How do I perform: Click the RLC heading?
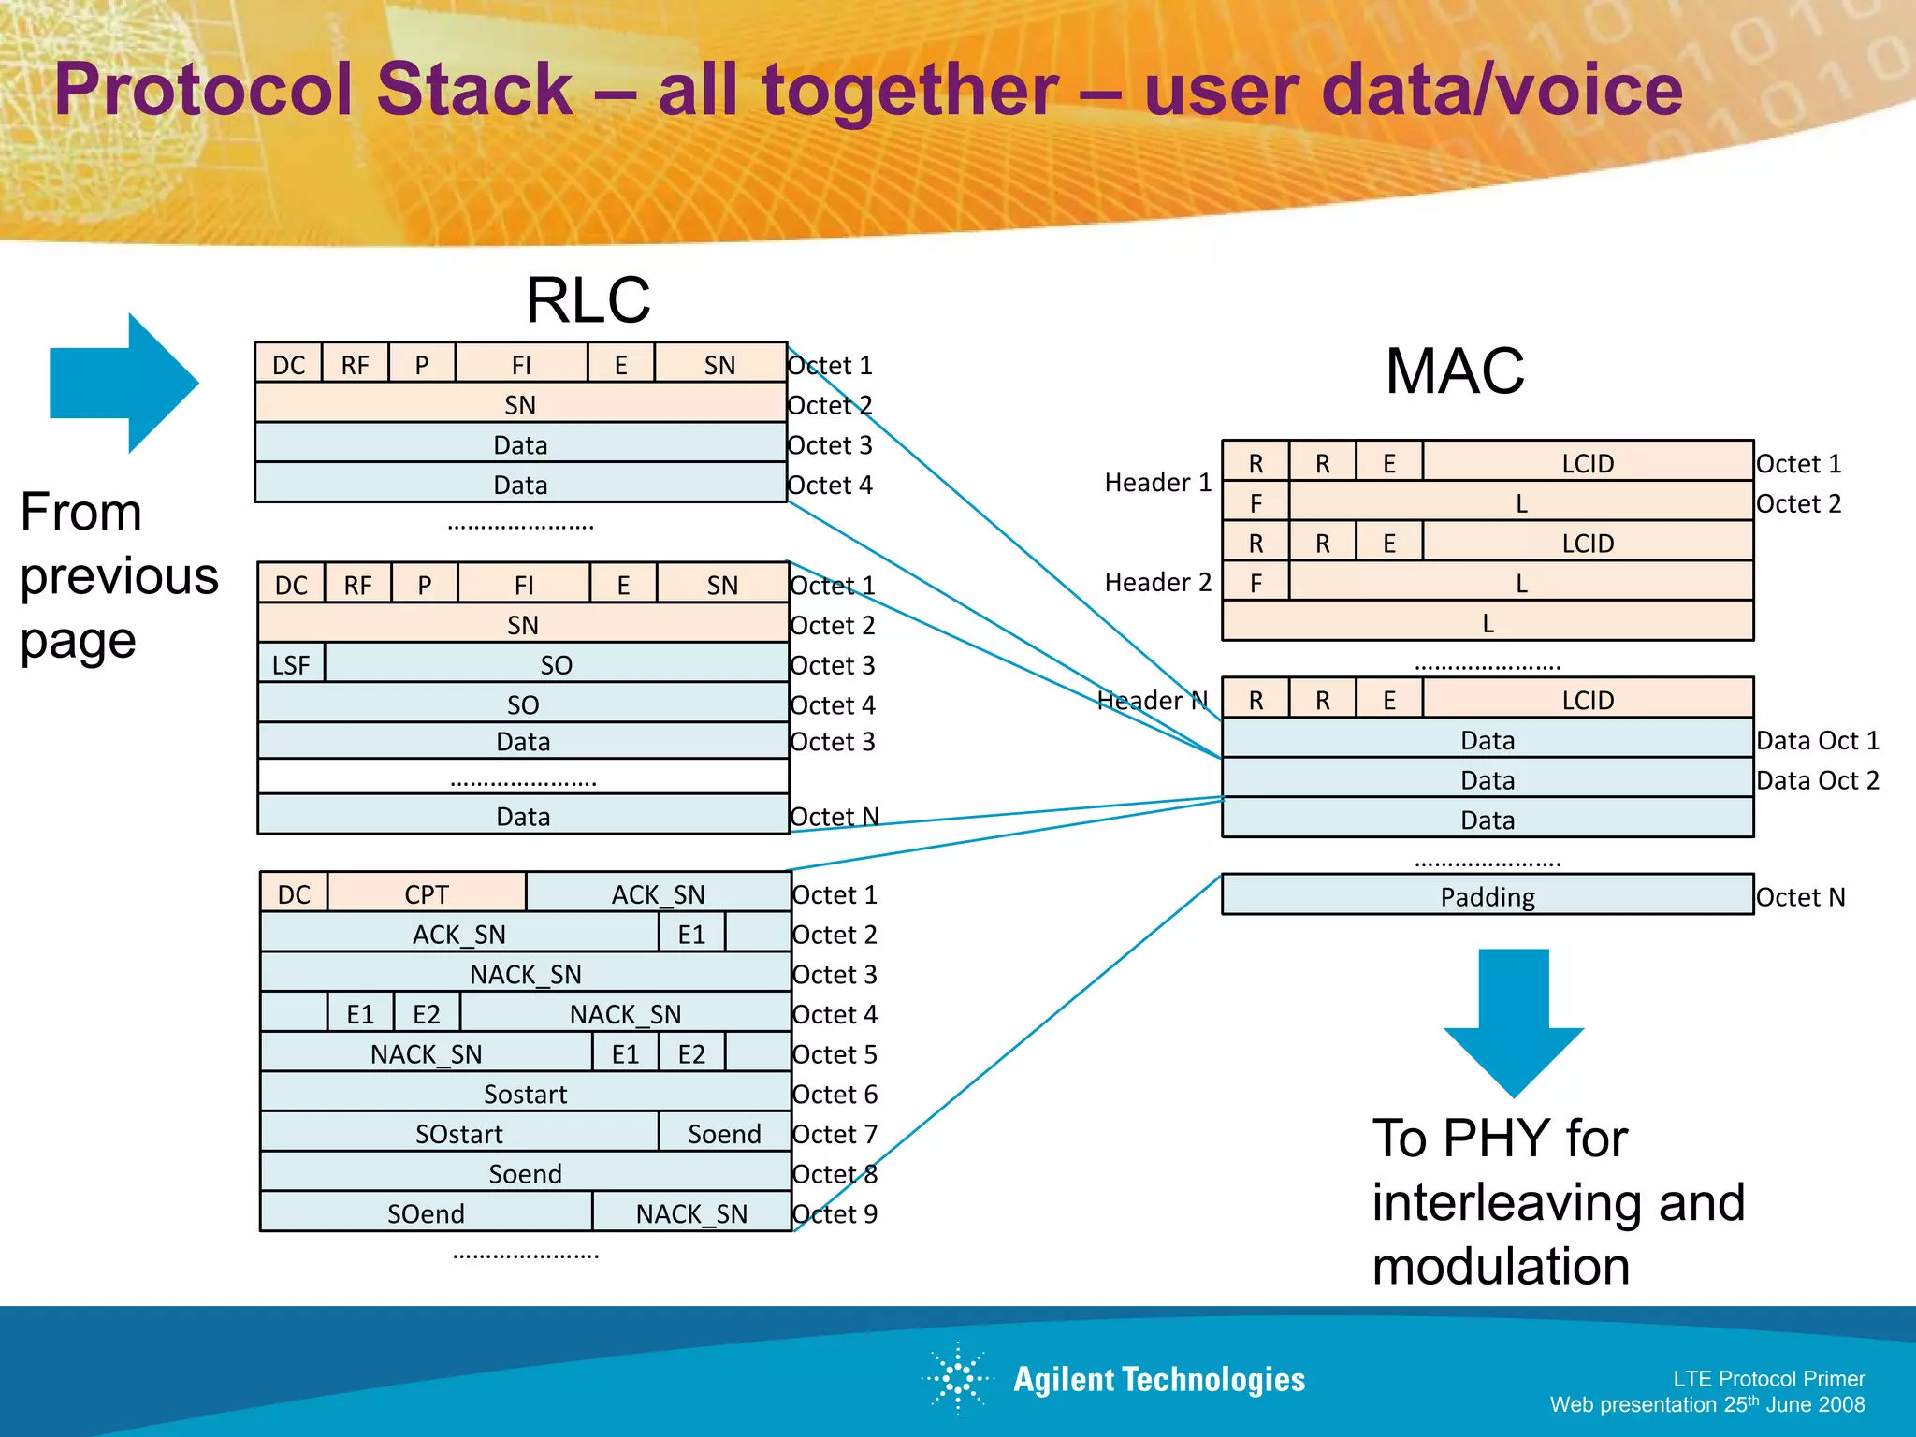click(588, 300)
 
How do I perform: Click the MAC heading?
click(1454, 371)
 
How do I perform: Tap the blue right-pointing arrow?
click(124, 383)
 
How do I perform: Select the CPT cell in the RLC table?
click(427, 893)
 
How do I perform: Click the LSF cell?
click(291, 664)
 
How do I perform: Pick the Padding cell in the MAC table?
click(1487, 896)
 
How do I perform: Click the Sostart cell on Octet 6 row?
click(525, 1093)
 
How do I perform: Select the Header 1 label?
click(1157, 483)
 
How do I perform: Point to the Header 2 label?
click(1157, 582)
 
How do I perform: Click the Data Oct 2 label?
click(1817, 780)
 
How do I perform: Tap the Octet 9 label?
click(835, 1213)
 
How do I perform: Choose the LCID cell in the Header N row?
click(1587, 700)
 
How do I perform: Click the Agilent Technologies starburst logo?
click(958, 1377)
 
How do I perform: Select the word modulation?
click(1501, 1266)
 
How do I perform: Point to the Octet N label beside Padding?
click(1800, 897)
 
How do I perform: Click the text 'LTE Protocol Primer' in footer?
click(1768, 1378)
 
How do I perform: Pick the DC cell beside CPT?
click(294, 893)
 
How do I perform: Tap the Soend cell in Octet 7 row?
click(724, 1133)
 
